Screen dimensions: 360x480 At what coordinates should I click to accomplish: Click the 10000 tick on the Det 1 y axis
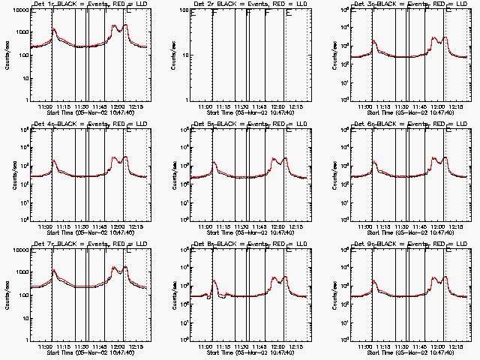[x=17, y=10]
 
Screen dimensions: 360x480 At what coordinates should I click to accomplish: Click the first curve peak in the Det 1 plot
[x=54, y=30]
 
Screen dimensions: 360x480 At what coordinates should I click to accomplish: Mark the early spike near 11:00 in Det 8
[x=214, y=282]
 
